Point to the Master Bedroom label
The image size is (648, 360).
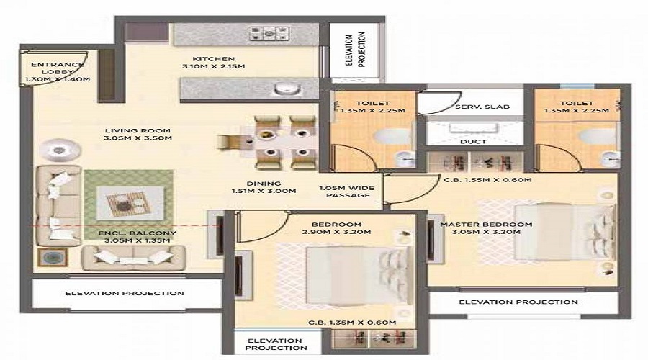click(x=486, y=230)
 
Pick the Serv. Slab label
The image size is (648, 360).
click(x=482, y=107)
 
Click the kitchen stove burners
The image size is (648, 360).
click(x=269, y=32)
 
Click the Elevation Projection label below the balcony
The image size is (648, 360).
click(x=125, y=294)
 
